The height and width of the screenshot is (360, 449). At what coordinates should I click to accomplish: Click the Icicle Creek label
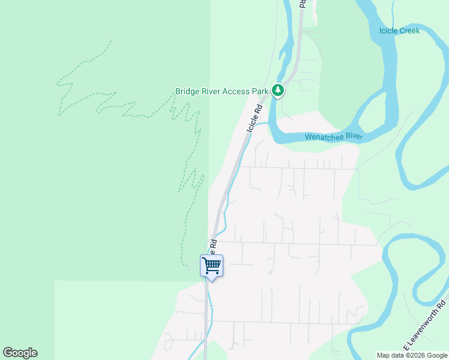pos(399,31)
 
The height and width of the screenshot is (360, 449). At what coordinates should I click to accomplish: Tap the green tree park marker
pos(277,91)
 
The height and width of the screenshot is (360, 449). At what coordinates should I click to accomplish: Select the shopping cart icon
pos(211,265)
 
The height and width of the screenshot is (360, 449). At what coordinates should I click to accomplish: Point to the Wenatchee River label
pos(334,137)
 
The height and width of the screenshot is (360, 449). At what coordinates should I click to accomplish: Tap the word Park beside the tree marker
pos(260,92)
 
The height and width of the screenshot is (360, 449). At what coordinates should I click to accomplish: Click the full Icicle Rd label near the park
pos(255,118)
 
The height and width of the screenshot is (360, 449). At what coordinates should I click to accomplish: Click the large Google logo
pos(20,353)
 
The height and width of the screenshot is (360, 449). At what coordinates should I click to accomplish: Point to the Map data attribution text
pos(412,355)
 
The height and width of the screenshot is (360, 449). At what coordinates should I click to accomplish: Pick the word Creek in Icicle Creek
pos(409,31)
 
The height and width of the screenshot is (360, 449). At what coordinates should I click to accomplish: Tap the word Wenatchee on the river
pos(325,137)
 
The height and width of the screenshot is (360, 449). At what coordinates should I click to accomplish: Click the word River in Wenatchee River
pos(354,137)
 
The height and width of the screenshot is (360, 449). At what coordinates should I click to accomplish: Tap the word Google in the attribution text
pos(438,355)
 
